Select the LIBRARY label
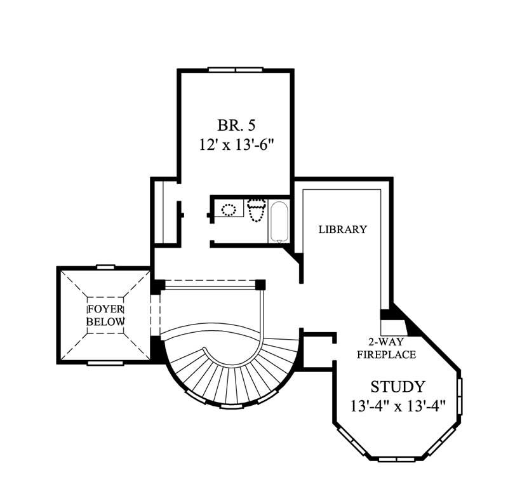pos(342,229)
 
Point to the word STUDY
pos(398,386)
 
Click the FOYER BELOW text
pos(105,315)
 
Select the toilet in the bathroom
pos(256,210)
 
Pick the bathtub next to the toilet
pos(279,222)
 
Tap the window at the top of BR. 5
pos(236,69)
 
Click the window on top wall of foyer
pos(105,267)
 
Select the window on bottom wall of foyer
pos(105,363)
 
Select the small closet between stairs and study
pos(316,350)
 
